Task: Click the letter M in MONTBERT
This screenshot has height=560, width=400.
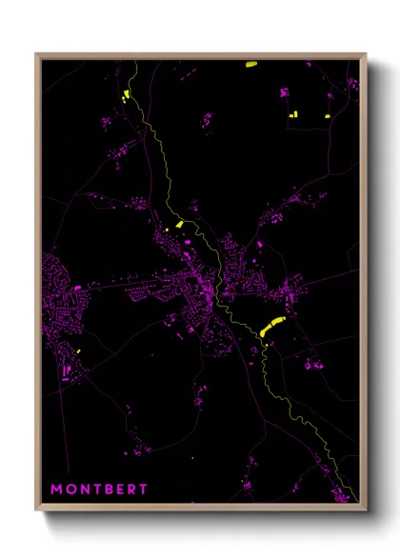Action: pyautogui.click(x=57, y=490)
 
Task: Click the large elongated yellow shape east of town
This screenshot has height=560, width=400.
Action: pyautogui.click(x=272, y=325)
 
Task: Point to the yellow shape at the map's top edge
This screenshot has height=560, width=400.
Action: pyautogui.click(x=251, y=65)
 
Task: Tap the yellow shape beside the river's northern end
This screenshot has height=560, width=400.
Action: pyautogui.click(x=125, y=94)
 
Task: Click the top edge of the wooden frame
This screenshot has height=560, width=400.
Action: pyautogui.click(x=200, y=55)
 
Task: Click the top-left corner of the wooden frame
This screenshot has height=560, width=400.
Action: pyautogui.click(x=38, y=55)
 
